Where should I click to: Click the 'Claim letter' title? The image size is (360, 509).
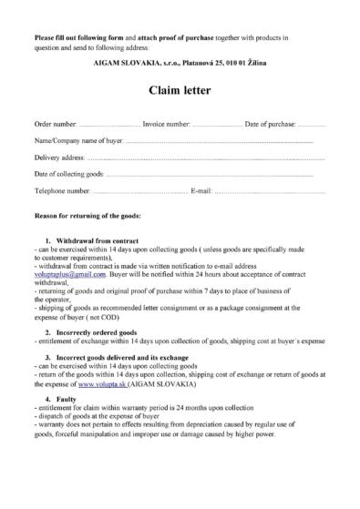click(x=180, y=91)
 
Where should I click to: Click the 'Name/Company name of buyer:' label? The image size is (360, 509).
click(x=77, y=140)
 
